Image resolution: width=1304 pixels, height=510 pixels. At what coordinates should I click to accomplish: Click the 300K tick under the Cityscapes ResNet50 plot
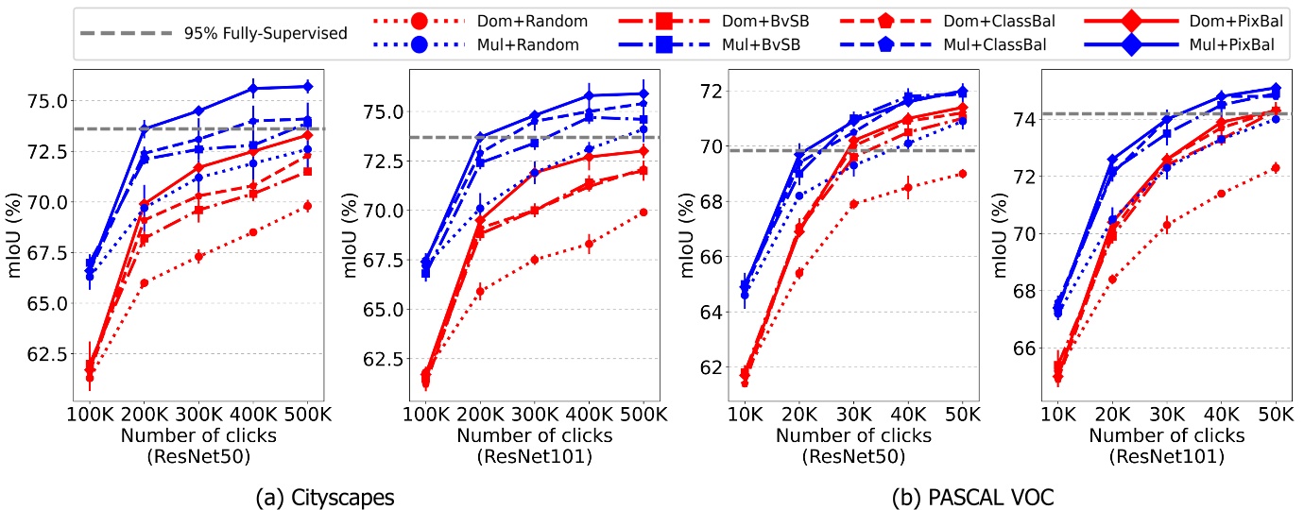coord(199,414)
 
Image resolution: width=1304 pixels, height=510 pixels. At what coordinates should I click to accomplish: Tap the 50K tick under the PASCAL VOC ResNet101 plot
coord(1276,414)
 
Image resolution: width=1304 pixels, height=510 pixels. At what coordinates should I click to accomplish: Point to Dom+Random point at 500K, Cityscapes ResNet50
coord(307,205)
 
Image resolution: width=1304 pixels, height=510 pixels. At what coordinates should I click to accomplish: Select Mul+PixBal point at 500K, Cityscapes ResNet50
coord(307,86)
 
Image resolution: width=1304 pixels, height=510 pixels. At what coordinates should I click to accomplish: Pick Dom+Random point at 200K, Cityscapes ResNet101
coord(480,291)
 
